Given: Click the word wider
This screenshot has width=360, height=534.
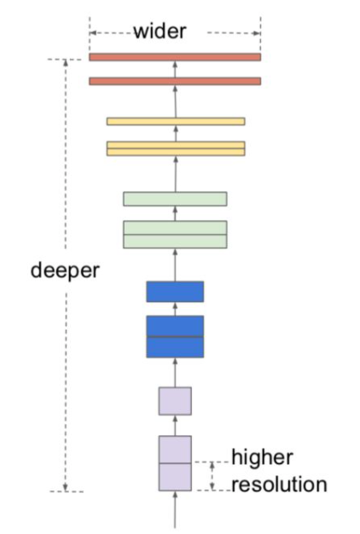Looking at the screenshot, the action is [160, 32].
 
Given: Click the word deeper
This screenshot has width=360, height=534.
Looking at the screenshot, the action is [65, 270].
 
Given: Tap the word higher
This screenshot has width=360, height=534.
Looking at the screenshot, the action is [262, 457].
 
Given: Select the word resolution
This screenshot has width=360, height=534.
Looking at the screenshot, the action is [279, 485].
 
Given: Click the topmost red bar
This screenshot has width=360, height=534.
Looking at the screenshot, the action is [175, 57].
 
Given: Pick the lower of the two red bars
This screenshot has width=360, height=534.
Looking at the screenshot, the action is [175, 81].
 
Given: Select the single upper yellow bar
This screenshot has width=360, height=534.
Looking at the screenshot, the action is [176, 121].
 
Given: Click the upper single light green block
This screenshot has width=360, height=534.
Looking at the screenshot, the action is [175, 199].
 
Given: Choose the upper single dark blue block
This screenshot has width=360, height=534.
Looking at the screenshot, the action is [175, 292].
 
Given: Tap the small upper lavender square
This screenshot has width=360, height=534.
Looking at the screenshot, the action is [175, 401].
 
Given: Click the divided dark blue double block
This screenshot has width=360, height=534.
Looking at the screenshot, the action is [175, 337].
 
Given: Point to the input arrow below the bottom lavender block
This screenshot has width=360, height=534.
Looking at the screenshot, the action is [175, 509].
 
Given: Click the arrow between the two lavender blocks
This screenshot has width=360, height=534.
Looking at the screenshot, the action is [175, 426].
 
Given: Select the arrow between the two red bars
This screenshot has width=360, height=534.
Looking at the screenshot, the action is [175, 69].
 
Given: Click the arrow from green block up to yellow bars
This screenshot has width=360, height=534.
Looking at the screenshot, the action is [176, 174].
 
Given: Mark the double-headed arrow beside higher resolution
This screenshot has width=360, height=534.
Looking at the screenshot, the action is [212, 476].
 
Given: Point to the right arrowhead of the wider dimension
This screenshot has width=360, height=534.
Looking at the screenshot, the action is [257, 33].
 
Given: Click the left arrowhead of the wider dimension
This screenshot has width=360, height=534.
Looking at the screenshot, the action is [93, 33].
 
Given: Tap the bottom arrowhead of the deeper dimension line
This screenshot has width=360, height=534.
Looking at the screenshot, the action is [66, 488].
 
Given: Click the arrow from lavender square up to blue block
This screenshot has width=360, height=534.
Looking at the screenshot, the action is [175, 372].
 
